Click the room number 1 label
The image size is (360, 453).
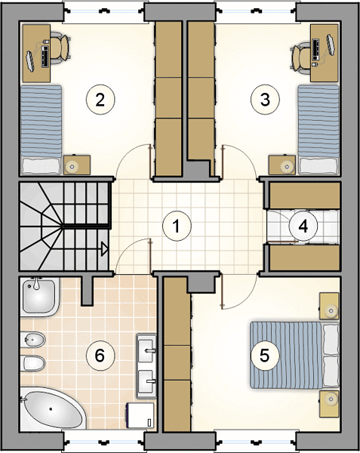pyautogui.click(x=177, y=226)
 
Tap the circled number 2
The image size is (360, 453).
pyautogui.click(x=100, y=100)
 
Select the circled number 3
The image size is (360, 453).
pyautogui.click(x=265, y=100)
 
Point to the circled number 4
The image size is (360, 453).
pyautogui.click(x=303, y=226)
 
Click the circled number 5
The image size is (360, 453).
pyautogui.click(x=265, y=356)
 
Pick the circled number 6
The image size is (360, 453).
pyautogui.click(x=100, y=356)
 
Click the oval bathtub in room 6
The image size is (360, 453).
pyautogui.click(x=52, y=408)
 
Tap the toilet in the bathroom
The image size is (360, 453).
pyautogui.click(x=33, y=363)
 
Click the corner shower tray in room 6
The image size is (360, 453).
pyautogui.click(x=40, y=296)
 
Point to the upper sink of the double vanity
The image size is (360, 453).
pyautogui.click(x=146, y=350)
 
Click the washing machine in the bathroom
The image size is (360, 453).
pyautogui.click(x=140, y=416)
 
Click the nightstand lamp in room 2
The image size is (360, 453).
pyautogui.click(x=71, y=166)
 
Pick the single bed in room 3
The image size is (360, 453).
pyautogui.click(x=318, y=130)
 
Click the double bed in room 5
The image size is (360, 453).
pyautogui.click(x=294, y=356)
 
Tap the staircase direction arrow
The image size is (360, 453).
pyautogui.click(x=104, y=248)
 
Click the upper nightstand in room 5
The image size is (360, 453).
pyautogui.click(x=329, y=306)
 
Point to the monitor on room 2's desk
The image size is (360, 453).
pyautogui.click(x=30, y=60)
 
